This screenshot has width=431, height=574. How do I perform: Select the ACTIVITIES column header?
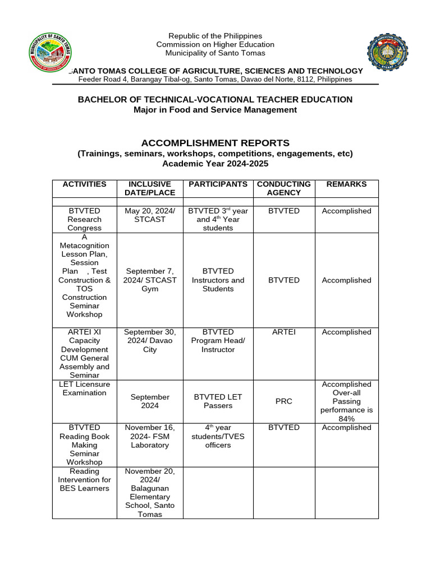(84, 184)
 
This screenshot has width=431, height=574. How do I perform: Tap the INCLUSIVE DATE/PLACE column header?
(150, 188)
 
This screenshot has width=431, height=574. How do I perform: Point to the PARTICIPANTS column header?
(218, 184)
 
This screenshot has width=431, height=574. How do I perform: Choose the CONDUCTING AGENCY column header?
(283, 188)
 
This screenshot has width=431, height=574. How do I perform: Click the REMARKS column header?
(346, 184)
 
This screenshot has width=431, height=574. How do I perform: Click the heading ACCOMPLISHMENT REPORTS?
(215, 142)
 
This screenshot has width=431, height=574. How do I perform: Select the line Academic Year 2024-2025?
(215, 164)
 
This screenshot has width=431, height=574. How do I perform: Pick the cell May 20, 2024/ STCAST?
(150, 215)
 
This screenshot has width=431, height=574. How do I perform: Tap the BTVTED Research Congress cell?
(84, 219)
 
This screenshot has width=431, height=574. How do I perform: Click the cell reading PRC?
(283, 401)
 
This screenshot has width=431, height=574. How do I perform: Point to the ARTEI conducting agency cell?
(283, 332)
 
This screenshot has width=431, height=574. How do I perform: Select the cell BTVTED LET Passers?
(218, 401)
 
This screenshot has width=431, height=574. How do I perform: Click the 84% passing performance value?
(346, 419)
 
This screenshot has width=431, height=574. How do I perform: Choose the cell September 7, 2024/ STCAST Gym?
(150, 280)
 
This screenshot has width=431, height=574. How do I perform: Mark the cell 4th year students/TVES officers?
(218, 436)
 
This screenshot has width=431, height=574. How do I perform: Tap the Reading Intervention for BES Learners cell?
(84, 479)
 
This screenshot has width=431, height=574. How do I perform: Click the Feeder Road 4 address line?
(215, 80)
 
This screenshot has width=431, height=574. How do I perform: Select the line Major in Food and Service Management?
(215, 110)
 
